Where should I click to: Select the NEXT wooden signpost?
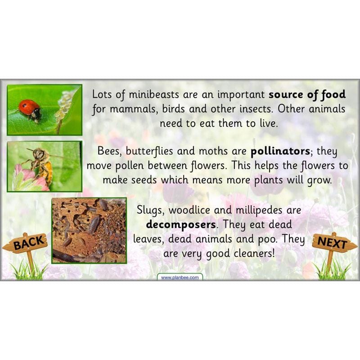point(333,243)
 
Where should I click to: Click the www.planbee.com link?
point(180,278)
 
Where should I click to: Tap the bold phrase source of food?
point(307,94)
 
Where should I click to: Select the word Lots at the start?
point(102,94)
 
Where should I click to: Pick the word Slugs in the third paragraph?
point(149,210)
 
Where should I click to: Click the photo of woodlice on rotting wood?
point(89,230)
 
